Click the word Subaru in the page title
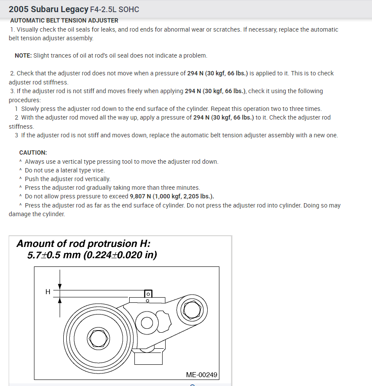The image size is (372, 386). tap(43, 9)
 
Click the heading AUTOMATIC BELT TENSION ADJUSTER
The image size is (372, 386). tap(64, 20)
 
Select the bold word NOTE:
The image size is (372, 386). tap(23, 56)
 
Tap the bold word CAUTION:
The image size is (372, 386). tap(33, 152)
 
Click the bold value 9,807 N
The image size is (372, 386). tap(145, 196)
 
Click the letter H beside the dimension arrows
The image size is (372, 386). tap(48, 292)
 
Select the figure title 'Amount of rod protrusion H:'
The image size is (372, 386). tap(83, 243)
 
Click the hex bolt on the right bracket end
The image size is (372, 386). tap(191, 308)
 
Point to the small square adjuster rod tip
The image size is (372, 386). tap(147, 294)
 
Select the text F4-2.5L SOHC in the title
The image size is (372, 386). tap(114, 9)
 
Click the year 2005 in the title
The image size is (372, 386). tap(18, 9)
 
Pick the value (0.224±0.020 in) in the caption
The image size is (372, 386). tap(120, 255)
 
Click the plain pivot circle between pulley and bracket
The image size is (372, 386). tap(146, 322)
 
